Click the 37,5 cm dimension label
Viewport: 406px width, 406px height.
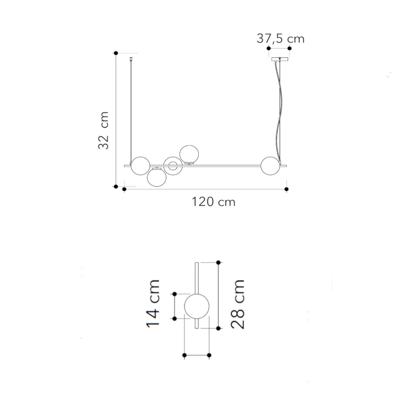[x=280, y=39]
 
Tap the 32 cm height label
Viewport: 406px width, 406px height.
[x=104, y=130]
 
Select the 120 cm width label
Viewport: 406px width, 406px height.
[x=213, y=202]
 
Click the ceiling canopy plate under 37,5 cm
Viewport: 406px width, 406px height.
[x=280, y=59]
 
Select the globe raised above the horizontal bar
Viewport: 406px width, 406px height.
[x=189, y=154]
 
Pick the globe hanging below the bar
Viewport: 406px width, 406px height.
[x=157, y=177]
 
